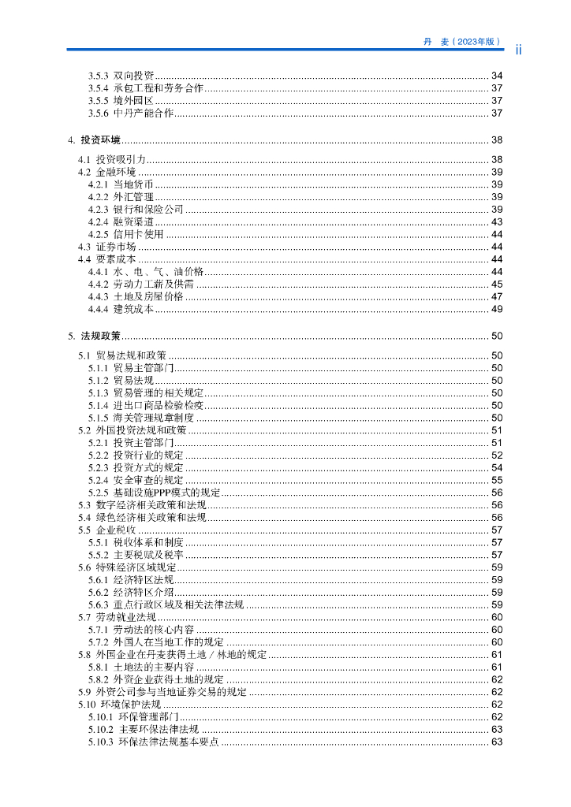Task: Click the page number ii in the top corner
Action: click(519, 50)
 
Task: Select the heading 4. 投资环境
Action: click(95, 140)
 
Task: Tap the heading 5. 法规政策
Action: click(95, 336)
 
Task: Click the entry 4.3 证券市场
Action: click(106, 247)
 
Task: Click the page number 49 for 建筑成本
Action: click(497, 310)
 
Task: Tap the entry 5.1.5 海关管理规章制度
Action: click(141, 418)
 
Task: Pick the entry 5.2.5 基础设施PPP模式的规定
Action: click(154, 493)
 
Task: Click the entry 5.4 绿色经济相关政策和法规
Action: click(142, 518)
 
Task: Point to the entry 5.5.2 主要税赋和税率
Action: click(136, 555)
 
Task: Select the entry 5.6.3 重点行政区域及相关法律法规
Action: click(166, 605)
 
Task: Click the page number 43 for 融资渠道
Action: click(497, 222)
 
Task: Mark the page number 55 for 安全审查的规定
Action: click(497, 480)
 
